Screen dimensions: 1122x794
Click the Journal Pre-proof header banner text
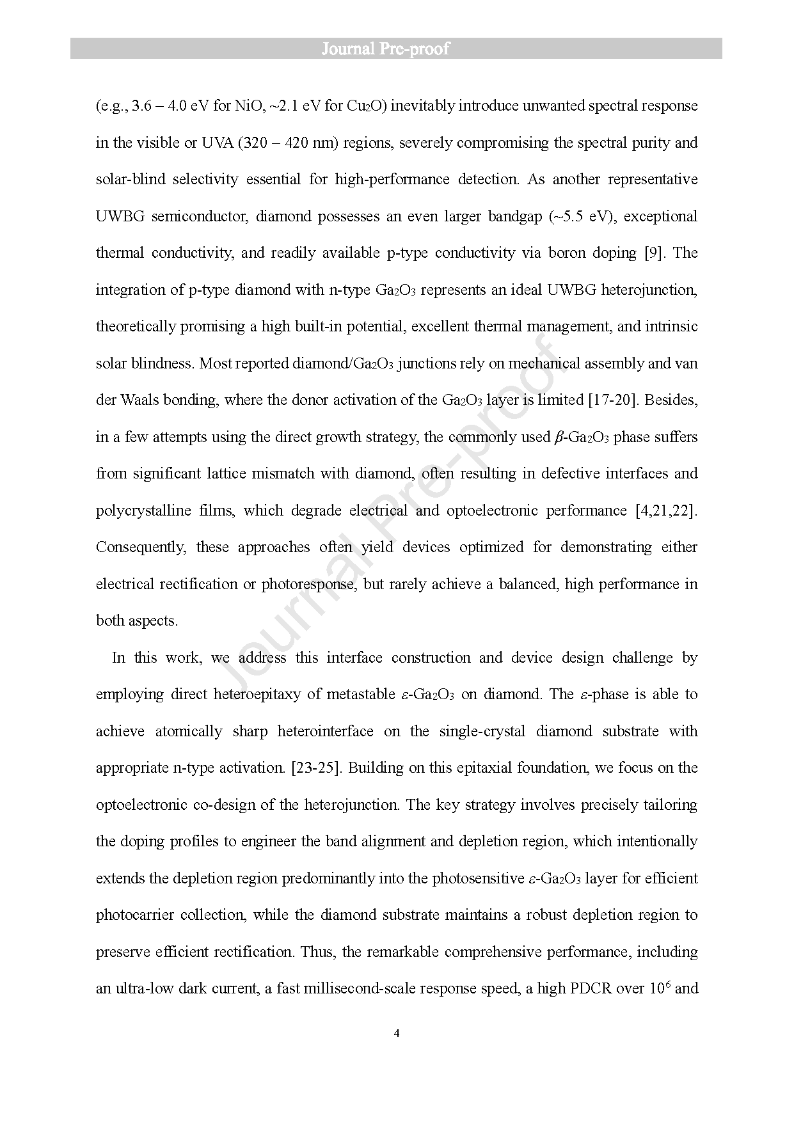[385, 49]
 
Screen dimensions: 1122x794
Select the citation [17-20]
[611, 400]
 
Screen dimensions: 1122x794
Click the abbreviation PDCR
[591, 989]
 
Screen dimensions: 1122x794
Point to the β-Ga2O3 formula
[580, 438]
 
